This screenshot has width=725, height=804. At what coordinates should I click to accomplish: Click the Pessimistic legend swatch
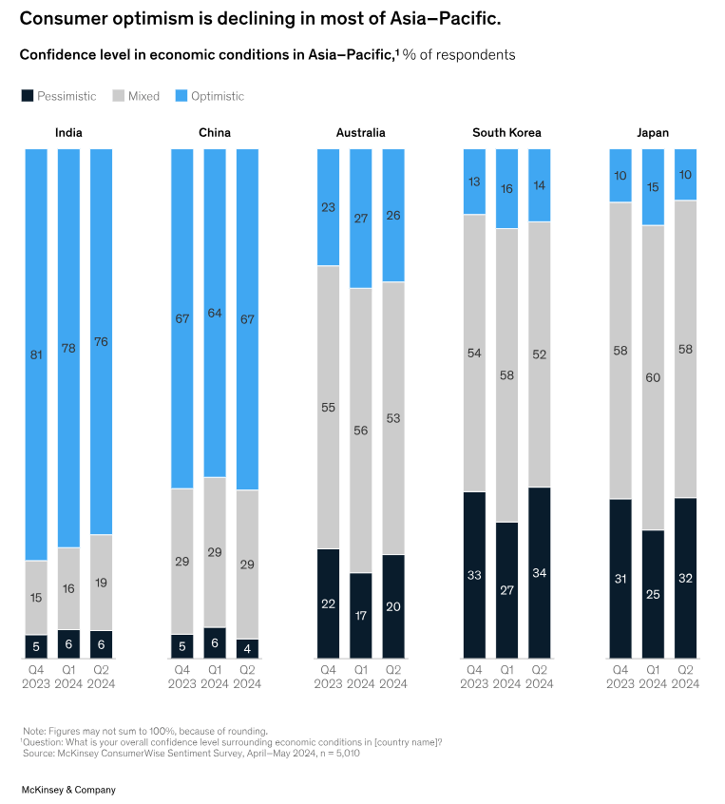tap(28, 96)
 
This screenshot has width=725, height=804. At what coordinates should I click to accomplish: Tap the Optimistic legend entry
tap(217, 96)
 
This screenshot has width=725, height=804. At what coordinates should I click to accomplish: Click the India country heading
tap(68, 132)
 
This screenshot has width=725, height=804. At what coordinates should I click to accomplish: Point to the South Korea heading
tap(506, 132)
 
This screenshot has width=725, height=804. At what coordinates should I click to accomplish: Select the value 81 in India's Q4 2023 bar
tap(36, 356)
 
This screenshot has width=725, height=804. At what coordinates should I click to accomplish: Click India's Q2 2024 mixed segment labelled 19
tap(101, 583)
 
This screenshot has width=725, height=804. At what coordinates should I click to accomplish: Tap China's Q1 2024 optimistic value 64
tap(215, 313)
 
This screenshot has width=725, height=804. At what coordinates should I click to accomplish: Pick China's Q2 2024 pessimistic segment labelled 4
tap(247, 648)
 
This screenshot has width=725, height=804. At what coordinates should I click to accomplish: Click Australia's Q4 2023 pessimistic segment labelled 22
tap(329, 603)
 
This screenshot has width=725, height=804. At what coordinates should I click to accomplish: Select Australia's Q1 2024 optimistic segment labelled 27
tap(361, 219)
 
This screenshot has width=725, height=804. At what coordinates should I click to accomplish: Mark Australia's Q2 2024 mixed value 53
tap(393, 417)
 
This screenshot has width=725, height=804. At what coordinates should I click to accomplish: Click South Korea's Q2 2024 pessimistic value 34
tap(539, 573)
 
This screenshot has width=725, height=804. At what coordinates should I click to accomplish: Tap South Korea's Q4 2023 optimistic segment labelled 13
tap(474, 182)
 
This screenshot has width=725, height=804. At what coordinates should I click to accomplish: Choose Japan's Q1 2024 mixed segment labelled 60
tap(653, 377)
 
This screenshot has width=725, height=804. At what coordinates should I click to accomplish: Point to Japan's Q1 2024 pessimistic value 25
tap(653, 594)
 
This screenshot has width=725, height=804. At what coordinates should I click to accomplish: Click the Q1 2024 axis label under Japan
tap(653, 677)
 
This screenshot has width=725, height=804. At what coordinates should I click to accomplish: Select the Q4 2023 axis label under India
tap(36, 677)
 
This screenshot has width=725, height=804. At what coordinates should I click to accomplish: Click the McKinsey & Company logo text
tap(68, 789)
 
